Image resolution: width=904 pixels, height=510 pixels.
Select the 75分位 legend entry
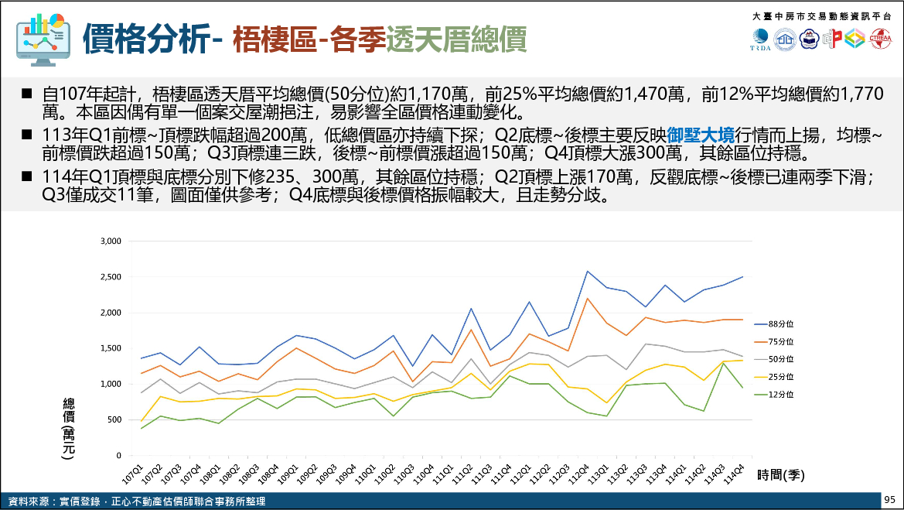click(780, 341)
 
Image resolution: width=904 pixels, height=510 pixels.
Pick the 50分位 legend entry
click(780, 358)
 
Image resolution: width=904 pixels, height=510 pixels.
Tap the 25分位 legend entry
click(780, 376)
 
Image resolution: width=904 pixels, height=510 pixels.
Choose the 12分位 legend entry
click(780, 394)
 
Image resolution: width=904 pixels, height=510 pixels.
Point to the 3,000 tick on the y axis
click(111, 241)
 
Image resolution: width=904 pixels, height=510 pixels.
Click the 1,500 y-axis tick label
click(111, 348)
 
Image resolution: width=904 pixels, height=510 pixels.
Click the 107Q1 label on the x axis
click(135, 471)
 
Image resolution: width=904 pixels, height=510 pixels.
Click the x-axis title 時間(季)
click(781, 475)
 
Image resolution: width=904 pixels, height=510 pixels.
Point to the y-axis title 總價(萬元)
click(69, 430)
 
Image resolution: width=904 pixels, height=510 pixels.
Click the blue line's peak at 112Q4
click(587, 272)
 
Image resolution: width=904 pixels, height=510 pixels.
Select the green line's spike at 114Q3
click(723, 363)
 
